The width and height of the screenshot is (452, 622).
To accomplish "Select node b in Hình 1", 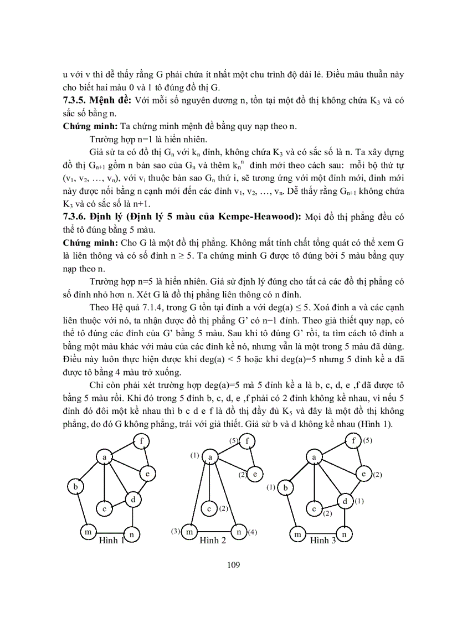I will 74,487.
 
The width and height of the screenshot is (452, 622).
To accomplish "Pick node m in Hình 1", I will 87,532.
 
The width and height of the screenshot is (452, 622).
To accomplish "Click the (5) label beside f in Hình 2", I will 235,441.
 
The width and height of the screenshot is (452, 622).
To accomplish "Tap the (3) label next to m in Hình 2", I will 175,531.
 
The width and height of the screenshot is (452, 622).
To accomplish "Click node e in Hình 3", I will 363,474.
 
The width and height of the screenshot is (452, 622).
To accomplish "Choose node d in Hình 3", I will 344,501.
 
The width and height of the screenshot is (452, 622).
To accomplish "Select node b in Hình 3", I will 285,488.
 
